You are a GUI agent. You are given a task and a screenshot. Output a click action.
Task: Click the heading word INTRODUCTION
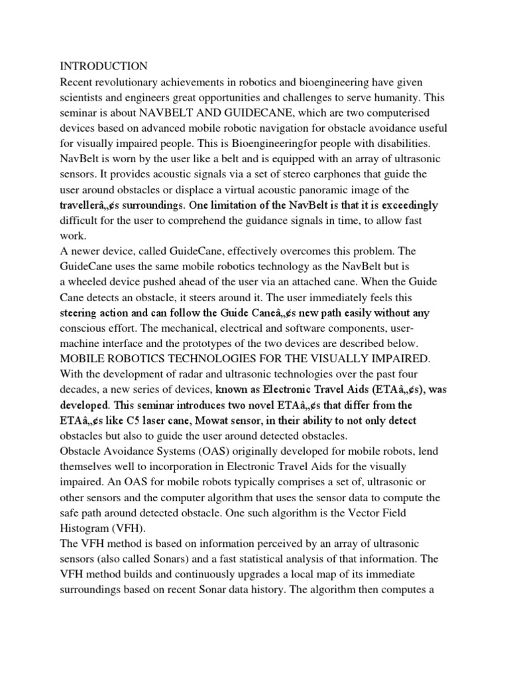tap(104, 66)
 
